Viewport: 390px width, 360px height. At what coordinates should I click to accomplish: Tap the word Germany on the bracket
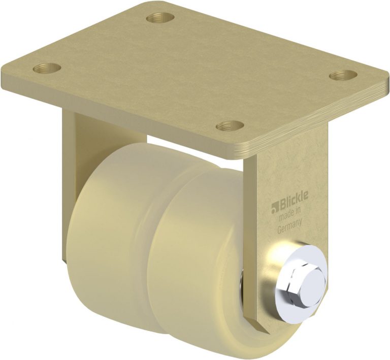289,224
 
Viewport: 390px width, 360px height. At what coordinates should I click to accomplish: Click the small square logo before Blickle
275,207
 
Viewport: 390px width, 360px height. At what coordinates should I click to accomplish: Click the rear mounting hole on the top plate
160,18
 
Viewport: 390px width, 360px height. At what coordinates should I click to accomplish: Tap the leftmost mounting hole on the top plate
47,68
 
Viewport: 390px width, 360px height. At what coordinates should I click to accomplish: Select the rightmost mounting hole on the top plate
343,75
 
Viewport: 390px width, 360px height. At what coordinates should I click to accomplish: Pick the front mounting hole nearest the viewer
230,125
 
